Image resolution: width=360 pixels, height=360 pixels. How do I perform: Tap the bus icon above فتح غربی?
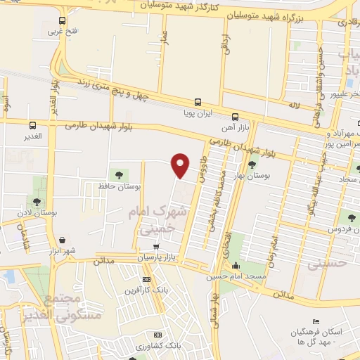tap(62, 20)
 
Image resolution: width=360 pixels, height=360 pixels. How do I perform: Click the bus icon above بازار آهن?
tap(235, 117)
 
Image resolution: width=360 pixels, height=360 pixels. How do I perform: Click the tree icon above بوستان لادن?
tap(37, 184)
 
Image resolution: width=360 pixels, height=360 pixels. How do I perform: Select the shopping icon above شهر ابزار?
tap(63, 240)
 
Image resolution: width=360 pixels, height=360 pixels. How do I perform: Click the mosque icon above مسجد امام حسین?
tap(235, 266)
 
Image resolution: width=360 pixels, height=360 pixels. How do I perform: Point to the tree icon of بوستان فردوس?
tap(349, 218)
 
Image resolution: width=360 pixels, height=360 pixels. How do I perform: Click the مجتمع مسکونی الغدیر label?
tap(72, 308)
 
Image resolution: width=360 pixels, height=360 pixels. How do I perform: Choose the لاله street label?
tap(291, 105)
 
